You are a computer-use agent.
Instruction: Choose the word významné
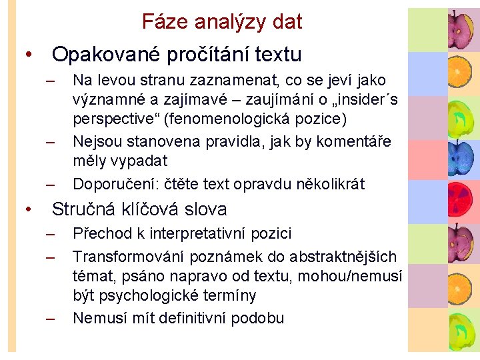pos(108,101)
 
